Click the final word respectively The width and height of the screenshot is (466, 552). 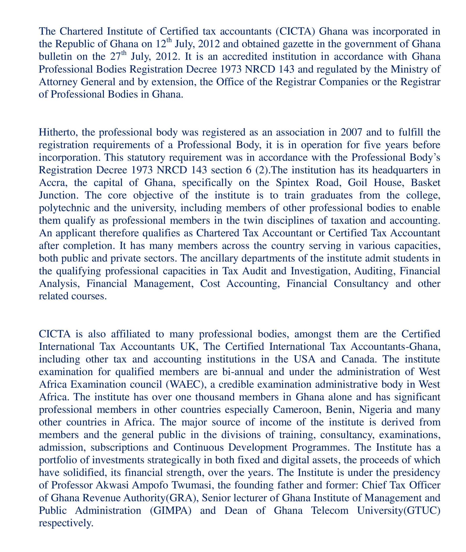click(x=66, y=523)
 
